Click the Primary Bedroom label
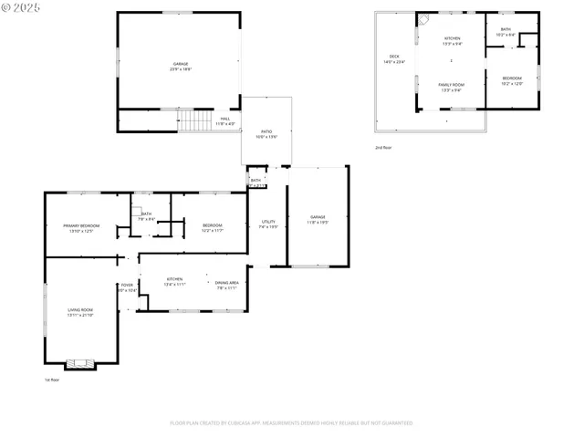[81, 225]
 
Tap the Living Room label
[79, 310]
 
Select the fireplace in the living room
[81, 363]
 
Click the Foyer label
[127, 286]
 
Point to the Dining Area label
[227, 283]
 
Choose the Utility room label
[268, 222]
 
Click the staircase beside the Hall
[194, 120]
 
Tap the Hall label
[224, 118]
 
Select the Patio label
[266, 132]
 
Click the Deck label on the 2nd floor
[394, 57]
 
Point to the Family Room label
[451, 84]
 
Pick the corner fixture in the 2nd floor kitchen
[423, 19]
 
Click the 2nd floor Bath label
[506, 29]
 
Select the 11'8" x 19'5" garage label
[318, 222]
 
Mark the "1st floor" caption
[52, 380]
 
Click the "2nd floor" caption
[383, 147]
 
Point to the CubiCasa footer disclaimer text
[291, 422]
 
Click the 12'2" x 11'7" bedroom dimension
[213, 230]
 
